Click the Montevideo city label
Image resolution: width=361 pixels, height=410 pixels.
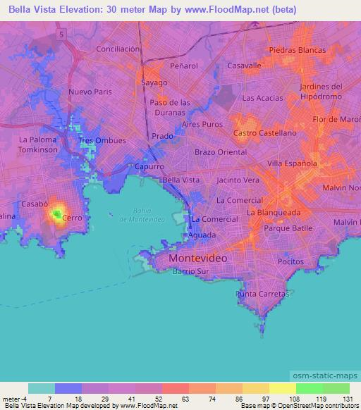pos(198,259)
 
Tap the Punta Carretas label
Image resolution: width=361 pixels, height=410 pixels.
pos(262,294)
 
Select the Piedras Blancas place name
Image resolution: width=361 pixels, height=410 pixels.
pos(298,50)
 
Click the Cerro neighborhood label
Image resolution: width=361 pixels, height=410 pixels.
pos(73,218)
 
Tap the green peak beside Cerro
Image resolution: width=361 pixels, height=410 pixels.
pos(56,212)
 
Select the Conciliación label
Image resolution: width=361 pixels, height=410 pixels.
pos(118,49)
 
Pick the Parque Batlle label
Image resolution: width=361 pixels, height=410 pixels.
pos(288,229)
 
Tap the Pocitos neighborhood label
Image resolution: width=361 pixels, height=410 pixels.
pos(290,261)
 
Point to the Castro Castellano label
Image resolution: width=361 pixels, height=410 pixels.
pos(265,132)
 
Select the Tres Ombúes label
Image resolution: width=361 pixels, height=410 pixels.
pos(102,140)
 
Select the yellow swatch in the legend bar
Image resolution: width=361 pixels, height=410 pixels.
pos(282,388)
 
